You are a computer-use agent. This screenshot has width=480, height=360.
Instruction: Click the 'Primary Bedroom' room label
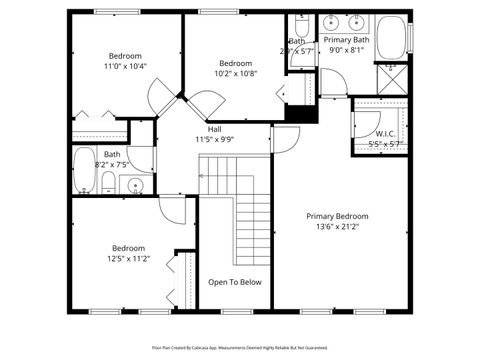[337, 216]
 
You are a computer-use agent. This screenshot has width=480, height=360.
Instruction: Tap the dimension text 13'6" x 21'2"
[337, 226]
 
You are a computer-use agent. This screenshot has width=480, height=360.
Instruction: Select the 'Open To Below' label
[235, 282]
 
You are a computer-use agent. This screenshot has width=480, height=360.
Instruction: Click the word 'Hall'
[215, 130]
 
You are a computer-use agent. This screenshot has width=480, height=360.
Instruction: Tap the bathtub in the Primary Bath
[398, 40]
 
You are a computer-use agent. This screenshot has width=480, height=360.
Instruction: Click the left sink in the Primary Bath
[331, 22]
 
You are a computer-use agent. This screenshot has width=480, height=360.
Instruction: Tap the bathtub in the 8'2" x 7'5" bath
[83, 171]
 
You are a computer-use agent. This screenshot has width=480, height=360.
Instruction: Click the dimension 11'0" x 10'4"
[125, 66]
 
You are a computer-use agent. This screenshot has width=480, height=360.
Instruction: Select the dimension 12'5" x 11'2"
[128, 258]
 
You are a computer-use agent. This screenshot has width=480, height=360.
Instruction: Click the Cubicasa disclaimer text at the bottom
[240, 347]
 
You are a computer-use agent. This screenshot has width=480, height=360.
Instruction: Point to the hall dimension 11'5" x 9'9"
[215, 140]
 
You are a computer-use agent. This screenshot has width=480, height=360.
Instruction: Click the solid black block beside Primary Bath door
[301, 110]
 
